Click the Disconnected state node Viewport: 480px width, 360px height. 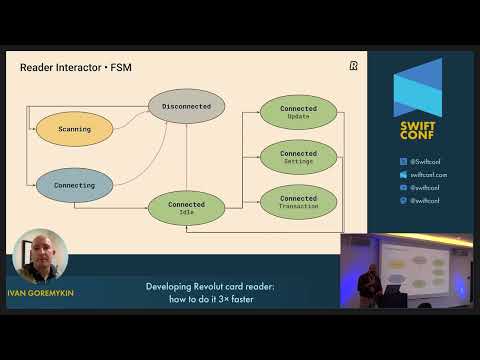(x=187, y=106)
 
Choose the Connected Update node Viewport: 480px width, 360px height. (x=298, y=113)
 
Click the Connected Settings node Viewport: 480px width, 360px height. (x=298, y=156)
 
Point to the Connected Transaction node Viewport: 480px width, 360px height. (x=298, y=202)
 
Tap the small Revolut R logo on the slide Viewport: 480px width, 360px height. (x=354, y=66)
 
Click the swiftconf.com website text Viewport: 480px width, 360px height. (x=428, y=174)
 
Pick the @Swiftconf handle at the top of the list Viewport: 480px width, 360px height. (x=426, y=161)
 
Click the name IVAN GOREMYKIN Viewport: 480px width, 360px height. (x=40, y=293)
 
